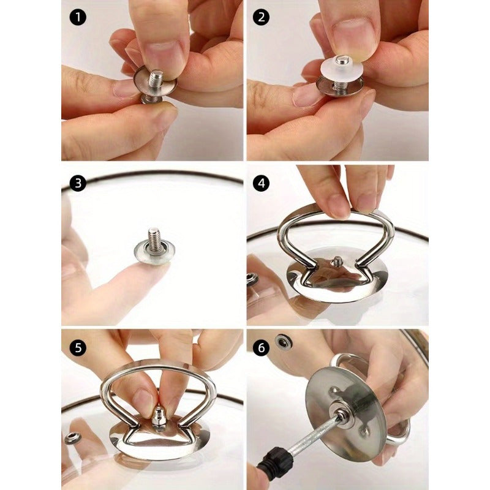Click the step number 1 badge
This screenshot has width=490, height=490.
78,17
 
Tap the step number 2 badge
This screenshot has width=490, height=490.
262,17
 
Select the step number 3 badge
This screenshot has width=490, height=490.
78,183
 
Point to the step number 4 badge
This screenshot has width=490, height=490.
262,183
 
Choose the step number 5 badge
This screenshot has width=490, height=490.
78,347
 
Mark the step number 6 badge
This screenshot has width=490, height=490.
262,347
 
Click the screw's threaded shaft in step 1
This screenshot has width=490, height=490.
156,80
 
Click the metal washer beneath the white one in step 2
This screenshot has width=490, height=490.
340,85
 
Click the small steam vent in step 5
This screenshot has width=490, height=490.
72,438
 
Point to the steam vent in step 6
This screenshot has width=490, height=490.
282,342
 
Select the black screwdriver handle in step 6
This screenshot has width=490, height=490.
273,463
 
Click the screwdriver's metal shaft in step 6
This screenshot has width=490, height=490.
314,435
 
